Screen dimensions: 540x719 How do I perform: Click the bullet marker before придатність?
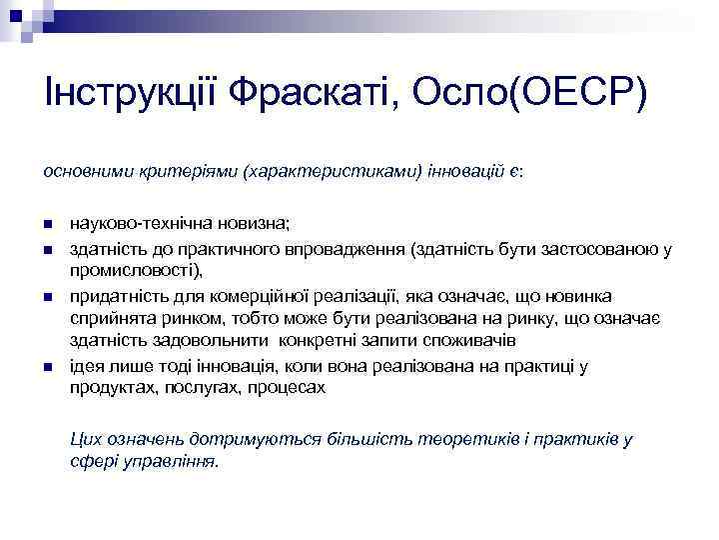click(x=49, y=297)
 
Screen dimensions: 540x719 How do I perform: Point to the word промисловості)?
click(x=135, y=270)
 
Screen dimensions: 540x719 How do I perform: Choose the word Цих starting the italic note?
click(x=84, y=438)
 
